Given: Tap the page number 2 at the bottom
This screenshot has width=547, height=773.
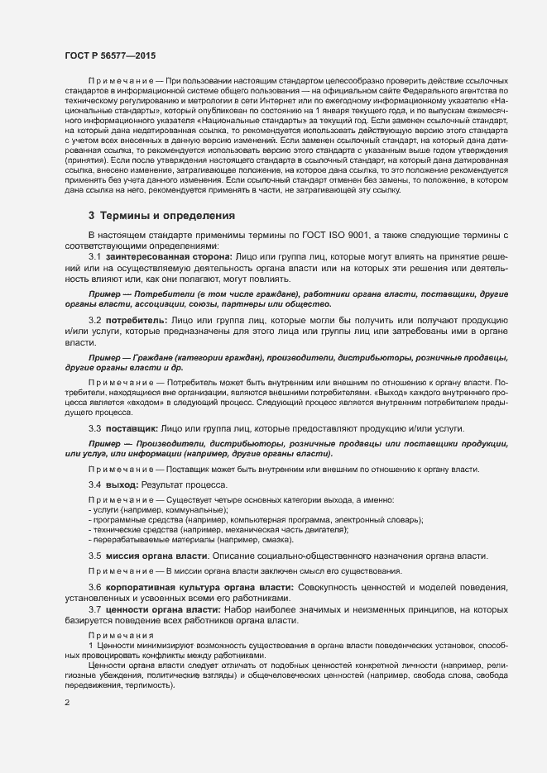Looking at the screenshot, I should coord(66,703).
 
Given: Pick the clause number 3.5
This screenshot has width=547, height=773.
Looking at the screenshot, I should coord(94,556).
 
